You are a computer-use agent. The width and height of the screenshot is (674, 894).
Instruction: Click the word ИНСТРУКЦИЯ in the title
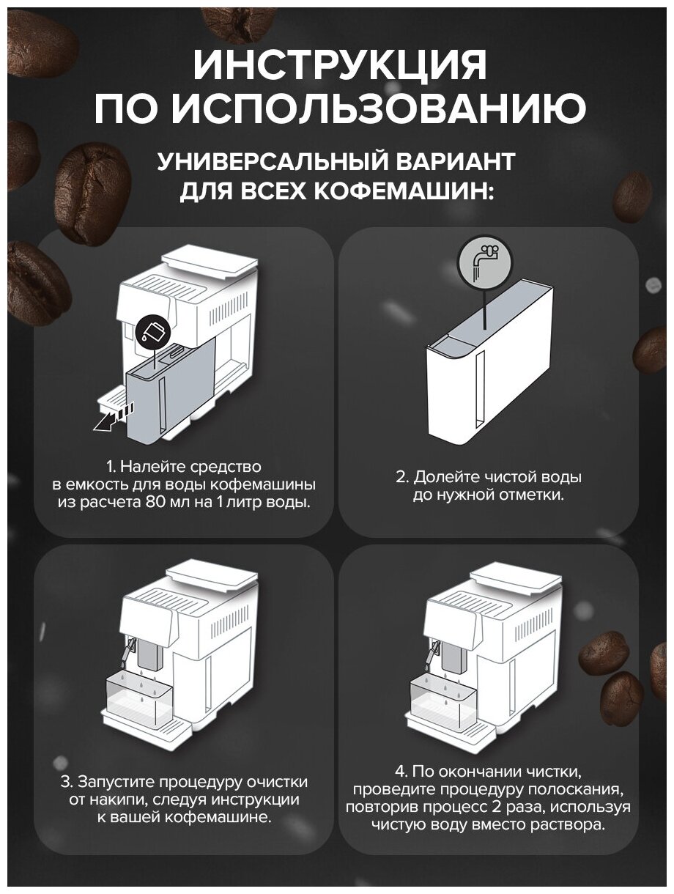point(339,64)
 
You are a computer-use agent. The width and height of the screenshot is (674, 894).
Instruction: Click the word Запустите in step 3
point(115,782)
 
